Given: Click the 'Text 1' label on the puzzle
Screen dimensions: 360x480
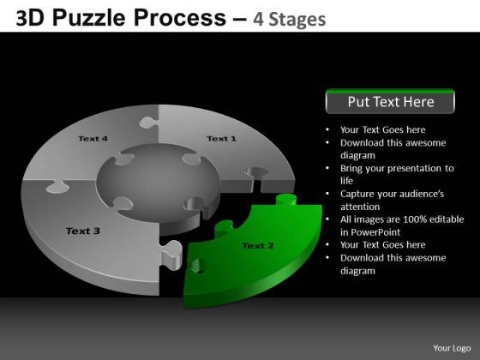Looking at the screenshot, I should point(221,138).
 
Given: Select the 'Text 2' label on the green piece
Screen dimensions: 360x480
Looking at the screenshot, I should point(258,246).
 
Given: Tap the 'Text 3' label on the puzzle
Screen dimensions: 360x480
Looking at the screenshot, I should point(83,231).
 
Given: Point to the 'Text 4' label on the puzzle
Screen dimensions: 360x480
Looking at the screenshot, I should point(93,138).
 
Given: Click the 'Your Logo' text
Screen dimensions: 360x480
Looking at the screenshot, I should point(450,347).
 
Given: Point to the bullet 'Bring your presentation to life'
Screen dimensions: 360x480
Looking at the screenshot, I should point(395,175).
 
